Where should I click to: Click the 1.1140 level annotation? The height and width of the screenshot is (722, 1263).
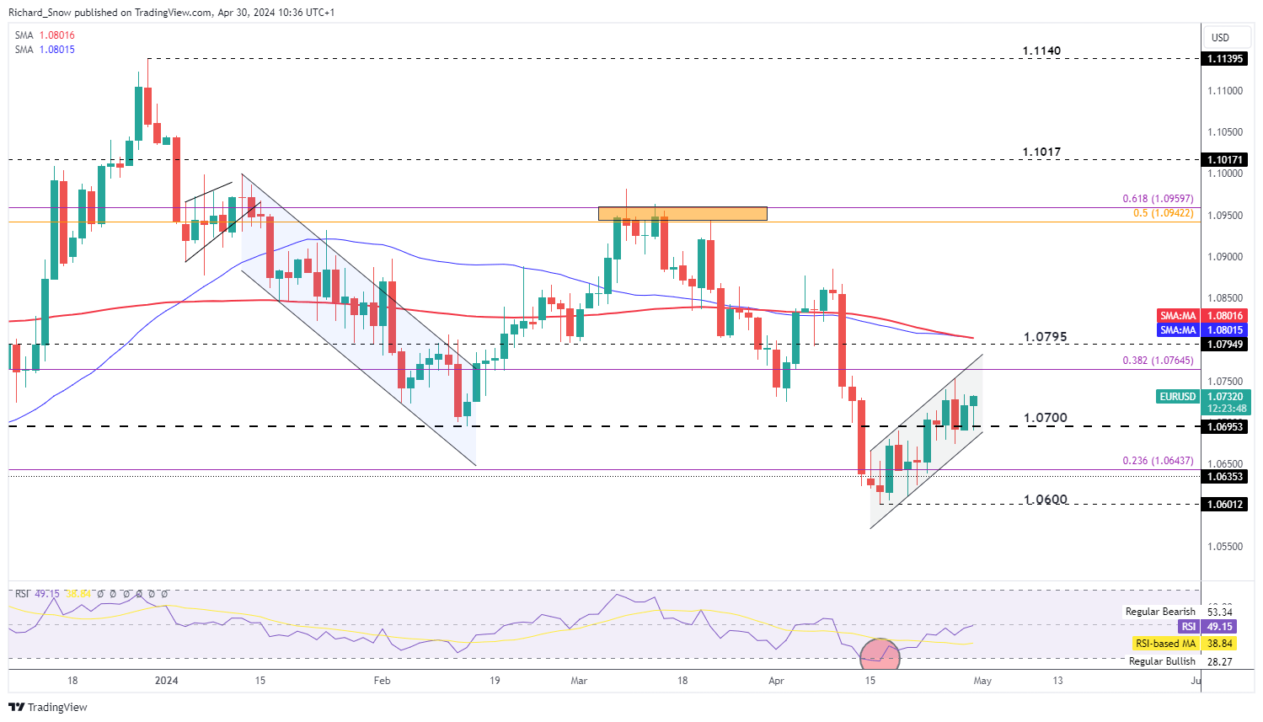tap(1041, 51)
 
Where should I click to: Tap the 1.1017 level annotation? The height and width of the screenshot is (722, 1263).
tap(1041, 152)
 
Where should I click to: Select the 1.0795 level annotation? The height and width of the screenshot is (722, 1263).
tap(1045, 337)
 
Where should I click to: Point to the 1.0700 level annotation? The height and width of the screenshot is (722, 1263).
tap(1045, 418)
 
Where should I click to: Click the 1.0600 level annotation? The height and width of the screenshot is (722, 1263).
tap(1045, 500)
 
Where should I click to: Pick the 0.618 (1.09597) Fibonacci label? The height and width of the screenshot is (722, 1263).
tap(1158, 199)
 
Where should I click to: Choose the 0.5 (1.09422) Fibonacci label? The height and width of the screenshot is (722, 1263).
tap(1163, 213)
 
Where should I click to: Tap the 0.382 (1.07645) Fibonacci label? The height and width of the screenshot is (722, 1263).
tap(1158, 361)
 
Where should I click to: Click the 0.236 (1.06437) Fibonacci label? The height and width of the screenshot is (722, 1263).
tap(1158, 461)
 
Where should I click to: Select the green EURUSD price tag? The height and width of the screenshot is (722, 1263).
tap(1177, 396)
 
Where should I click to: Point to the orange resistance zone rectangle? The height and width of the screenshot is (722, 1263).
tap(682, 214)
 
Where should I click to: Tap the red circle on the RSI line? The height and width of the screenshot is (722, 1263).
tap(880, 654)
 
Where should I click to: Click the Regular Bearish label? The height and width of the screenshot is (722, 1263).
tap(1160, 612)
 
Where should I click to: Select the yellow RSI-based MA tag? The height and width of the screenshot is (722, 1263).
tap(1165, 644)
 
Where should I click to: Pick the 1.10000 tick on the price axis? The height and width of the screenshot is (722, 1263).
tap(1224, 174)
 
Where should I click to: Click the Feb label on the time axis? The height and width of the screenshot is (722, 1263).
tap(382, 681)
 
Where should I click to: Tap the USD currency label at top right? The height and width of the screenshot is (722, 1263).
tap(1220, 38)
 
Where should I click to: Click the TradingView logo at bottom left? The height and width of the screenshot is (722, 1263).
tap(49, 707)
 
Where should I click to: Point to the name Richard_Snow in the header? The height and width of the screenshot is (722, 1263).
tap(39, 13)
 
